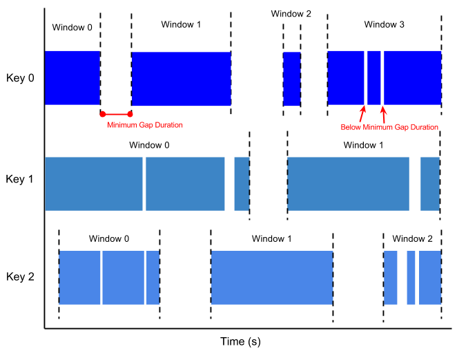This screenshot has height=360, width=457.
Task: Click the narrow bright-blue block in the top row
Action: (x=291, y=78)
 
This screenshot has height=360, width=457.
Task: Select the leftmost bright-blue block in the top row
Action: (x=72, y=77)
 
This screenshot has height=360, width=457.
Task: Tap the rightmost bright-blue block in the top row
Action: (x=384, y=77)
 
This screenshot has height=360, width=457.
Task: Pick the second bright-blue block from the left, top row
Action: (x=181, y=79)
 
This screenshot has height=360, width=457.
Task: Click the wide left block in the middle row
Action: (x=146, y=183)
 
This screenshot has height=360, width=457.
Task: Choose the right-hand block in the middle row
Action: (x=363, y=183)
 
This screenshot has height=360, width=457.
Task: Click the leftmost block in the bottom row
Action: (x=109, y=277)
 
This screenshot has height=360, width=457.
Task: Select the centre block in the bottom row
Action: (x=271, y=277)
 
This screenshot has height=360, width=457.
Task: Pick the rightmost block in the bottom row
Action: (x=412, y=277)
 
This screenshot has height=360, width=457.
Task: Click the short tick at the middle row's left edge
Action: (x=3, y=178)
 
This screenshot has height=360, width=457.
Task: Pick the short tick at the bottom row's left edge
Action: (x=3, y=276)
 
